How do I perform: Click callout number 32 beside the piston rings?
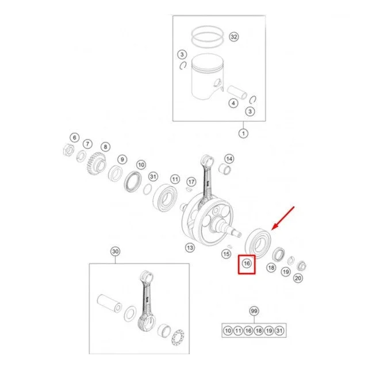click(234, 37)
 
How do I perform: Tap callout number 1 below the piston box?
click(243, 133)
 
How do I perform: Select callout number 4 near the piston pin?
click(233, 103)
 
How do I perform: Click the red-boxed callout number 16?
click(247, 263)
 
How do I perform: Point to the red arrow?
click(283, 218)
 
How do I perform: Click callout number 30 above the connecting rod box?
click(115, 252)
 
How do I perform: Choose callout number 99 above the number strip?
click(254, 311)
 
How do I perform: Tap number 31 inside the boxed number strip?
click(279, 331)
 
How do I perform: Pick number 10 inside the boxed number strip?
click(228, 331)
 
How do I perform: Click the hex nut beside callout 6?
click(68, 149)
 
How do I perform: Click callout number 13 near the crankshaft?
click(190, 248)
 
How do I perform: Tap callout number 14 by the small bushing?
click(229, 159)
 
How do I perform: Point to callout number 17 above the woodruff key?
click(191, 182)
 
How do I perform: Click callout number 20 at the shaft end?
click(298, 278)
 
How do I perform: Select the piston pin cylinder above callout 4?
click(237, 92)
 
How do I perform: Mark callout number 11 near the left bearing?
click(175, 179)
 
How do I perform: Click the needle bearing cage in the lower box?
click(178, 337)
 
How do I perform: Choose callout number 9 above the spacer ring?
click(122, 160)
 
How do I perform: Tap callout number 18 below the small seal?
click(271, 267)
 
